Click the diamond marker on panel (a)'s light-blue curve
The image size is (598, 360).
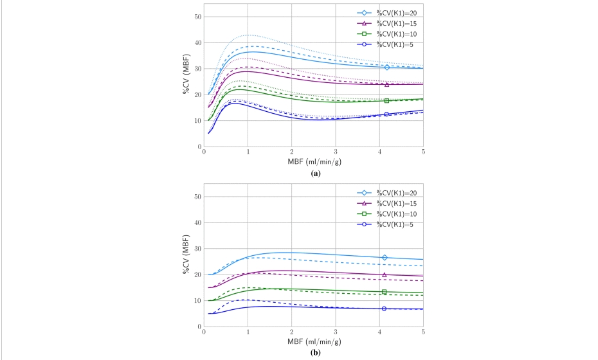(387, 67)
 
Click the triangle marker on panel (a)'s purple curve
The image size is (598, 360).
(387, 84)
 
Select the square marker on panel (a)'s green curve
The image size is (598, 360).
(387, 100)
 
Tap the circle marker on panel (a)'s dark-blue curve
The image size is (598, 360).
(387, 114)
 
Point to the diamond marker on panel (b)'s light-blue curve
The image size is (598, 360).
(385, 257)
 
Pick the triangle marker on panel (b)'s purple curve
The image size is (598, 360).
(385, 275)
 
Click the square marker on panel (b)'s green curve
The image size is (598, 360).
(385, 292)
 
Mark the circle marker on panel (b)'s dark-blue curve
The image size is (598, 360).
(385, 309)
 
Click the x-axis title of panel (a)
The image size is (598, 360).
(314, 162)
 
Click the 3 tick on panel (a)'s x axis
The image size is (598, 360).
(336, 152)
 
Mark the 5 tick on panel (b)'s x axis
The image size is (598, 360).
(423, 332)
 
